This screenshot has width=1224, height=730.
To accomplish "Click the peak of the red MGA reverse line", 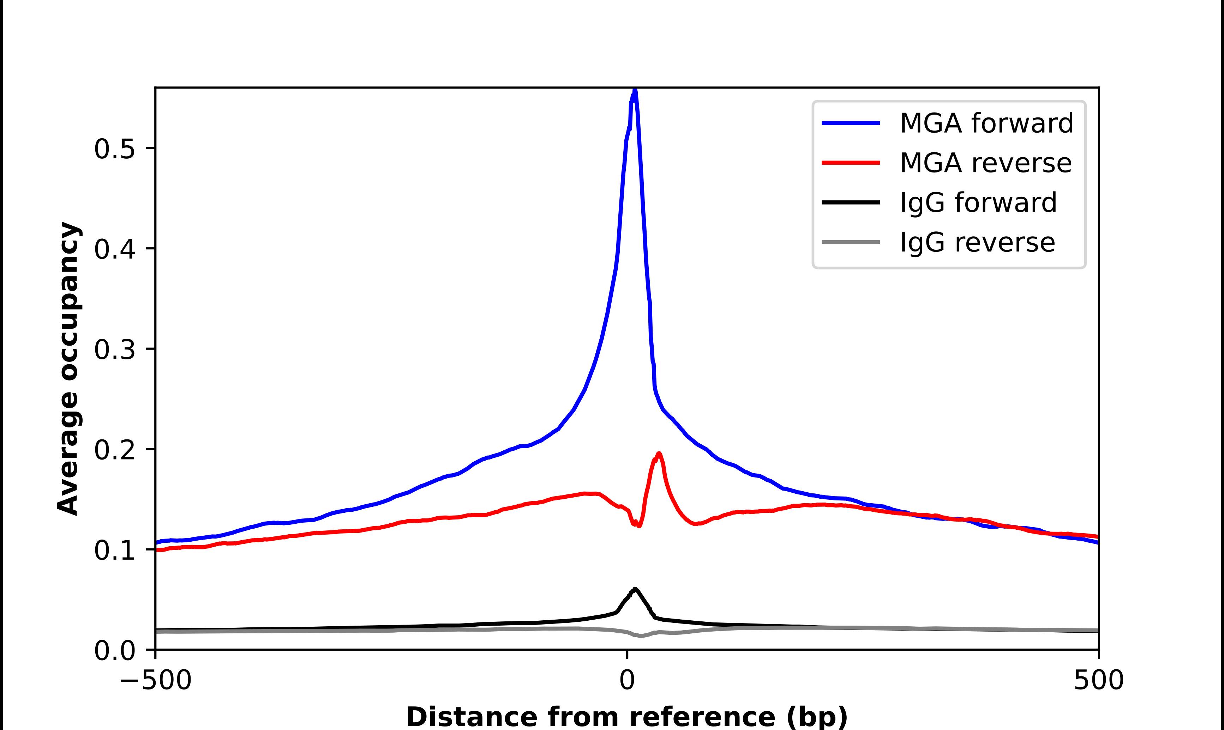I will [659, 454].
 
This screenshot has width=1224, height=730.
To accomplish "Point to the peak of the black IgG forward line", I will [635, 589].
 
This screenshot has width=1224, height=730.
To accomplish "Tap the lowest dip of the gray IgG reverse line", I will [641, 636].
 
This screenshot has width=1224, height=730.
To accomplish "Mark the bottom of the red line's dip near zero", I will [639, 526].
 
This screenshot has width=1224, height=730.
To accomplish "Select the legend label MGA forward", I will [986, 123].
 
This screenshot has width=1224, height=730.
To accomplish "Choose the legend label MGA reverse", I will [985, 163].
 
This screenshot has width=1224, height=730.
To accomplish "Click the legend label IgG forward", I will [978, 203].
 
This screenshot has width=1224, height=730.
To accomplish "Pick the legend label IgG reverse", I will [977, 243].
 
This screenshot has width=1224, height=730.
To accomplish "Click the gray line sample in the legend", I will [851, 242].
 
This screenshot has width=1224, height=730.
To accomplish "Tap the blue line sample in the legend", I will [851, 123].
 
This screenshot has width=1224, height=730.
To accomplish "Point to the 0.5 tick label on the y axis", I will [114, 149].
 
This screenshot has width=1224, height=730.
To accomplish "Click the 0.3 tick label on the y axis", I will [114, 350].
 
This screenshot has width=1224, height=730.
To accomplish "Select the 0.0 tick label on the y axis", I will [114, 651].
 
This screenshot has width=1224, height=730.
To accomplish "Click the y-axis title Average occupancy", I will [68, 369].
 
